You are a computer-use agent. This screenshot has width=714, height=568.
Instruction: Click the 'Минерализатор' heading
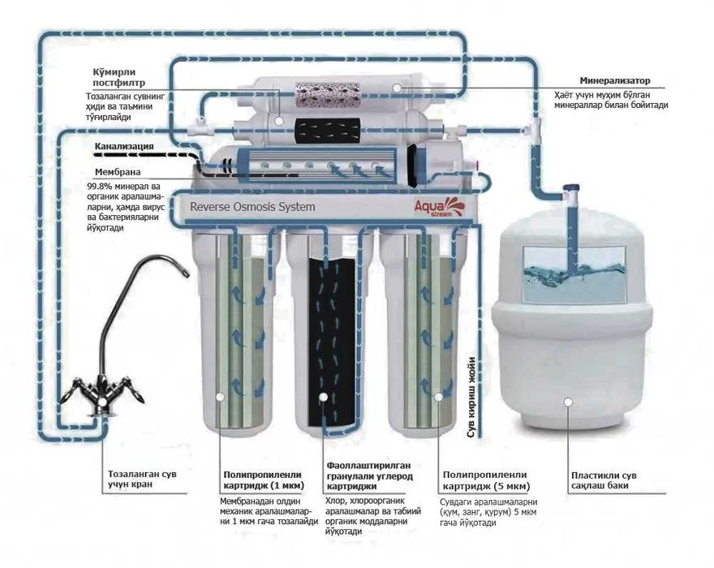tap(615, 80)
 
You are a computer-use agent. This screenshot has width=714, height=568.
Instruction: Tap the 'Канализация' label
tap(124, 147)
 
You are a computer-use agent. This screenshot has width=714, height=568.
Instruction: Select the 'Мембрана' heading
tap(118, 172)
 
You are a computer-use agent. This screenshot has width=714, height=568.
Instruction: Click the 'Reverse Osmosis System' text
tap(252, 207)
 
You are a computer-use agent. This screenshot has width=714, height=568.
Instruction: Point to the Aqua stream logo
tap(435, 206)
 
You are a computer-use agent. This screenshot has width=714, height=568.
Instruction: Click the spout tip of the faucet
tap(186, 273)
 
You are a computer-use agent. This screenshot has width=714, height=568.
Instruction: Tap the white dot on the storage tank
tap(568, 402)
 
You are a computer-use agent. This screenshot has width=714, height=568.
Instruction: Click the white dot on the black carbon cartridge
tap(323, 397)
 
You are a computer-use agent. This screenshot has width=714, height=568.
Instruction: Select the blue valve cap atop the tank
tap(571, 187)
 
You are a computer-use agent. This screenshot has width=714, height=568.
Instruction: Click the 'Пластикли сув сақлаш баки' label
tap(604, 480)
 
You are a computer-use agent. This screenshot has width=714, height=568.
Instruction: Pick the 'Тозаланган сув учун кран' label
tap(142, 480)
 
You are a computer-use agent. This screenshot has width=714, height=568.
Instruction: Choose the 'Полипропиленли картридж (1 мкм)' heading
tap(263, 480)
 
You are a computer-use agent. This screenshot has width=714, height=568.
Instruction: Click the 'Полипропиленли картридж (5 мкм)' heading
tap(486, 481)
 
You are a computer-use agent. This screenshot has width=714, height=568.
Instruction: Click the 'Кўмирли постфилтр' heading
tap(118, 77)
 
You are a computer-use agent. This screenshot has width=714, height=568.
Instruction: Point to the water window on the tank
tap(574, 274)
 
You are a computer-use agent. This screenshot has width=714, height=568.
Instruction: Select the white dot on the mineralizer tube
tap(397, 88)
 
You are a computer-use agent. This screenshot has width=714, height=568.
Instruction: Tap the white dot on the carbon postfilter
tap(278, 121)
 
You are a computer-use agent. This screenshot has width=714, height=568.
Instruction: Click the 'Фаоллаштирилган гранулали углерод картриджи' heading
tap(369, 476)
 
